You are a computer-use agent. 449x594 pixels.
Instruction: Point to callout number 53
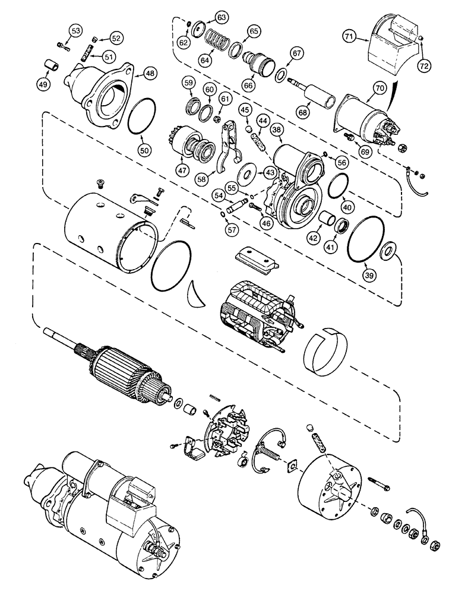click(76, 31)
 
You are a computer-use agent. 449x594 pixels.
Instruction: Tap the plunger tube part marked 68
click(318, 96)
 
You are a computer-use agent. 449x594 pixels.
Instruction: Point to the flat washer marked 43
click(245, 176)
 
